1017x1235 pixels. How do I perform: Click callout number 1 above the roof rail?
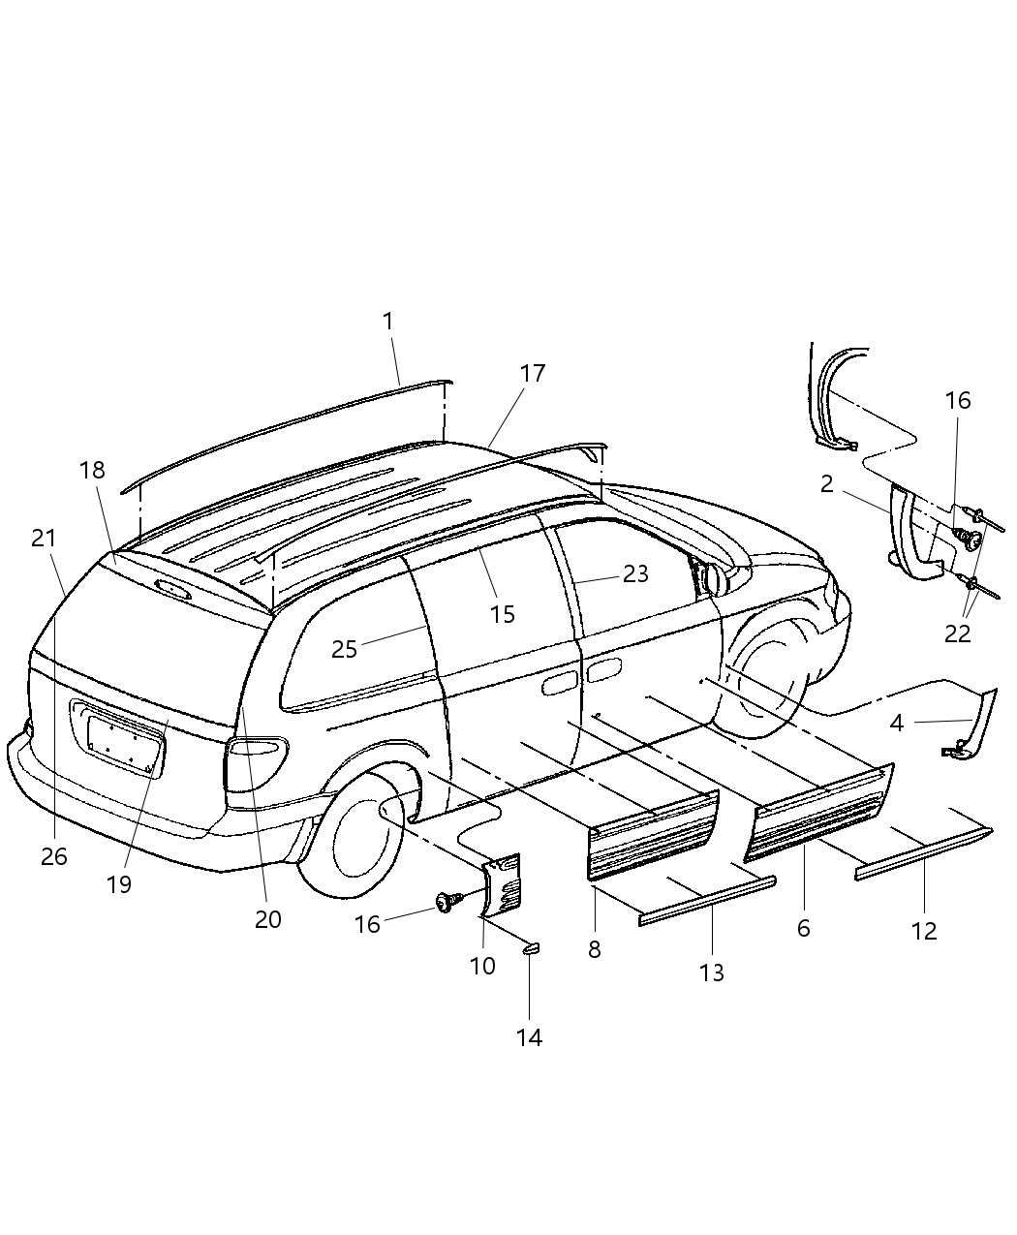click(x=388, y=322)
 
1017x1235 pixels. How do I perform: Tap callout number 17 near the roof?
click(x=533, y=373)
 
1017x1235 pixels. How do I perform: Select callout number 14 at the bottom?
click(x=529, y=1037)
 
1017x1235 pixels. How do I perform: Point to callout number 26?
click(x=54, y=856)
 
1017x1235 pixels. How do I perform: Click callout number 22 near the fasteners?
click(x=957, y=633)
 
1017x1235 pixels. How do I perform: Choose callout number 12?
click(x=924, y=931)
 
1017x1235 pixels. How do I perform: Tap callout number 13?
click(x=712, y=973)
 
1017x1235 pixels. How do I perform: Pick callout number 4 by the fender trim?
click(x=897, y=722)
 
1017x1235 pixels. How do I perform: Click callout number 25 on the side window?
click(x=344, y=649)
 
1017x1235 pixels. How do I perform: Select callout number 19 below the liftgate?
click(x=120, y=884)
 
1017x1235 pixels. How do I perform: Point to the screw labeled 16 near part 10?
click(x=447, y=903)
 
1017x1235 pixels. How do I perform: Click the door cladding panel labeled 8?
click(x=652, y=834)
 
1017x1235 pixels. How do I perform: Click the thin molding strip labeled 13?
click(x=707, y=899)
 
